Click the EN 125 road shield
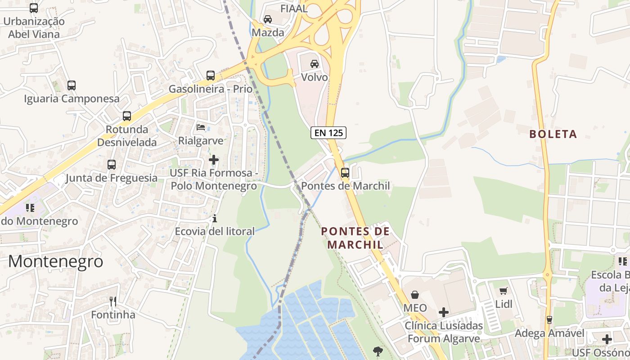click(328, 133)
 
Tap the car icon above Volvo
click(315, 64)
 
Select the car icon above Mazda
click(268, 19)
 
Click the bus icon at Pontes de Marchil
click(345, 172)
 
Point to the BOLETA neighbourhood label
click(553, 134)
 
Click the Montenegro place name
click(56, 261)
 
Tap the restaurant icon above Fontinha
click(113, 301)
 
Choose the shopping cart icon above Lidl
click(504, 291)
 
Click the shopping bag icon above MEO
click(415, 295)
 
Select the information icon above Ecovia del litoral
click(215, 219)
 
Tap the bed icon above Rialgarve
click(201, 127)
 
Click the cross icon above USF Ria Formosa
click(214, 160)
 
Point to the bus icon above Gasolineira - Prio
click(211, 75)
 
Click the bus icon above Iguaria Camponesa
click(72, 85)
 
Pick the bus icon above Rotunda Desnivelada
click(127, 116)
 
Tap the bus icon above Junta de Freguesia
click(112, 165)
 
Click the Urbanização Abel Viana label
click(34, 27)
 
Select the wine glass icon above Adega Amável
click(549, 320)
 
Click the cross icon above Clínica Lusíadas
click(444, 312)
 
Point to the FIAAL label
click(294, 8)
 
